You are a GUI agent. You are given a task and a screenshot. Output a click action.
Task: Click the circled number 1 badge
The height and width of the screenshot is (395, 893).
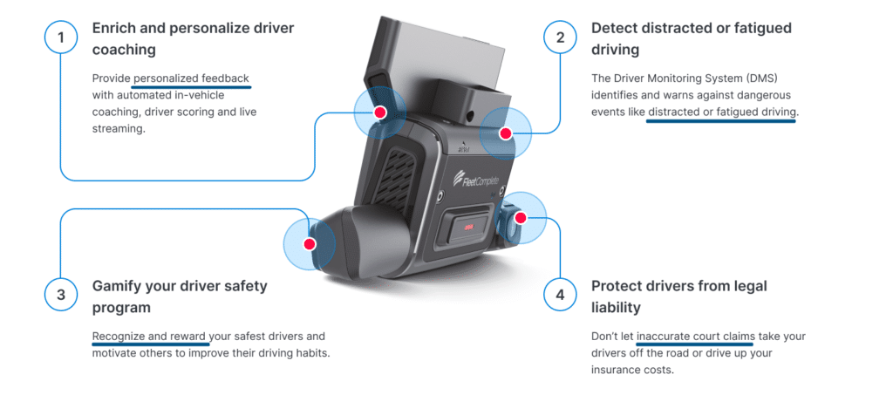61,37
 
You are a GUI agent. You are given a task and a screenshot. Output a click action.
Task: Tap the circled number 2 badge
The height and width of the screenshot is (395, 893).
560,37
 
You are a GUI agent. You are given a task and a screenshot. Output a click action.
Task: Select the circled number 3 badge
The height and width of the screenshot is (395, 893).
61,296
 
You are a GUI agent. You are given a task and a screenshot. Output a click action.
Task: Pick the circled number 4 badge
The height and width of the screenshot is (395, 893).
560,296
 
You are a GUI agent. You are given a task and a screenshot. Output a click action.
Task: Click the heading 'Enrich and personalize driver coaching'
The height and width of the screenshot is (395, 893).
193,38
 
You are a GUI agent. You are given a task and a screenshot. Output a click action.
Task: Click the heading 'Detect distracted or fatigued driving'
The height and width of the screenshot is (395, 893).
691,38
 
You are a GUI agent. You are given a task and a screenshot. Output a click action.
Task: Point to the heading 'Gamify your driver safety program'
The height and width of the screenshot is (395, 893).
180,296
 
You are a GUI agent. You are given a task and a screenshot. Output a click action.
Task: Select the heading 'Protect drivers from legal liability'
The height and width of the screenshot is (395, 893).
678,296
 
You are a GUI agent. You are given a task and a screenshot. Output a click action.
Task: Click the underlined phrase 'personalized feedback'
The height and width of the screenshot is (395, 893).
191,78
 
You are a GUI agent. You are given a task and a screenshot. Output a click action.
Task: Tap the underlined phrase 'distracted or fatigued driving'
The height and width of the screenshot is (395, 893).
721,112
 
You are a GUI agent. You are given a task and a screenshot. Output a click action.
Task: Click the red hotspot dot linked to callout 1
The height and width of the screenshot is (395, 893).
379,112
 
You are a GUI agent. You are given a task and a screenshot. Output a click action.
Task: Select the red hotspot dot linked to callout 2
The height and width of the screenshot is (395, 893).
505,133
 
